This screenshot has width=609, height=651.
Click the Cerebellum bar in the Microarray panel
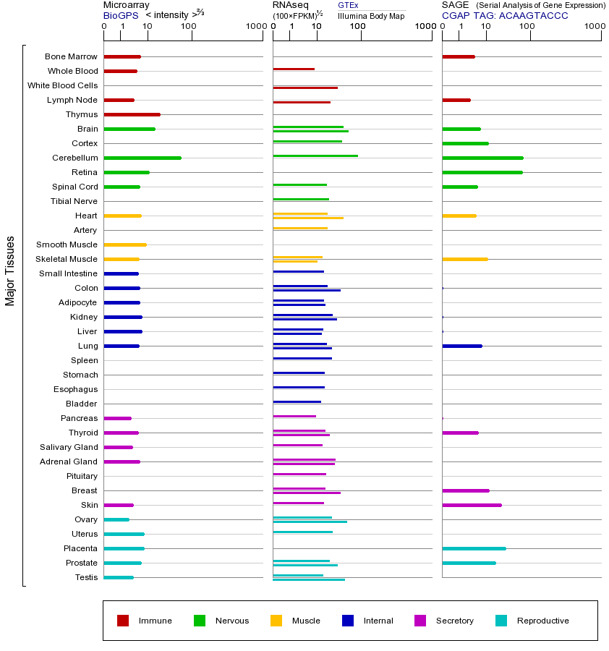tap(142, 158)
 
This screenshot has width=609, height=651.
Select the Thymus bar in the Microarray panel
tap(132, 114)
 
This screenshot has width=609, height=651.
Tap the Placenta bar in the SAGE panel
tap(474, 548)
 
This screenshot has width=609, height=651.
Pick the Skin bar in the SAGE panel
tap(472, 505)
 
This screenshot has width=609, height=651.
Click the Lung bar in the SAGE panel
tap(461, 346)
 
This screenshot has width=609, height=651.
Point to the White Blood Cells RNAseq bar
tap(305, 88)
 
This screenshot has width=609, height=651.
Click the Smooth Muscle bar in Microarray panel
tap(125, 244)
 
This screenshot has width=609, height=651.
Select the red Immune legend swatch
tap(123, 621)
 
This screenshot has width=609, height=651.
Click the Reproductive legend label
tap(542, 621)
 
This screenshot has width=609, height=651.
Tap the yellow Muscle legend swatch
tap(276, 621)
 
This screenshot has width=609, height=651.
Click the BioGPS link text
tap(120, 15)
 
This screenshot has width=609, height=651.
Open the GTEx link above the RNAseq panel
tap(348, 5)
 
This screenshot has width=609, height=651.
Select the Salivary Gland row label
tap(69, 447)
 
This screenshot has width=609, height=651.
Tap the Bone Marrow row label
tap(71, 56)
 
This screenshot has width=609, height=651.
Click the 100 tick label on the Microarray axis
tap(188, 27)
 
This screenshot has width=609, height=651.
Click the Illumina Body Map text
tap(371, 15)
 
